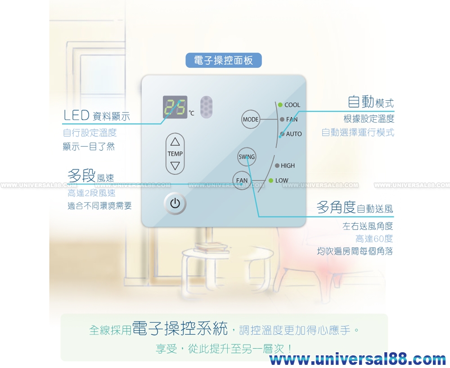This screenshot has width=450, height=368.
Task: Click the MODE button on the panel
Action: pos(251,119)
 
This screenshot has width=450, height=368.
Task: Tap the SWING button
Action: pos(247,157)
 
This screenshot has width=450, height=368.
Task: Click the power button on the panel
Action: pos(175,203)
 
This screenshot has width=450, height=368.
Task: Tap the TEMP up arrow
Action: pos(175,142)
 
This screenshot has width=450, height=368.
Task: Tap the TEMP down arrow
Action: pos(175,166)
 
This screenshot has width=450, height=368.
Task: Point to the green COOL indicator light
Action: pos(280,105)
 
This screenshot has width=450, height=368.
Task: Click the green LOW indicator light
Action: pos(271,180)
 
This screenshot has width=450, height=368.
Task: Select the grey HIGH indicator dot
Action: pos(277,166)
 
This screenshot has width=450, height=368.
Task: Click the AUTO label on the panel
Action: pos(294,134)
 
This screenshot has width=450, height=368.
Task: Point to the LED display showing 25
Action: pos(175,107)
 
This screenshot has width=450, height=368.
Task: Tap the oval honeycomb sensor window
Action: pos(206,107)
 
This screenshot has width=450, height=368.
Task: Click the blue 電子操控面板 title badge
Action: pos(223,60)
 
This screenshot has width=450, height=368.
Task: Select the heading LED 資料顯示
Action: pos(96,116)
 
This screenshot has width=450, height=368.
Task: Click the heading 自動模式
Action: pos(370,103)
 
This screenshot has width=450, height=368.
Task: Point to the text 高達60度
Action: pos(374,238)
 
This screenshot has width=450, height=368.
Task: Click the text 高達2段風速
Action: pos(91,193)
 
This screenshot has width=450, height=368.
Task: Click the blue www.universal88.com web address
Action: pos(358,359)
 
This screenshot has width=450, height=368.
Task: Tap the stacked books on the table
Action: pos(207,247)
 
